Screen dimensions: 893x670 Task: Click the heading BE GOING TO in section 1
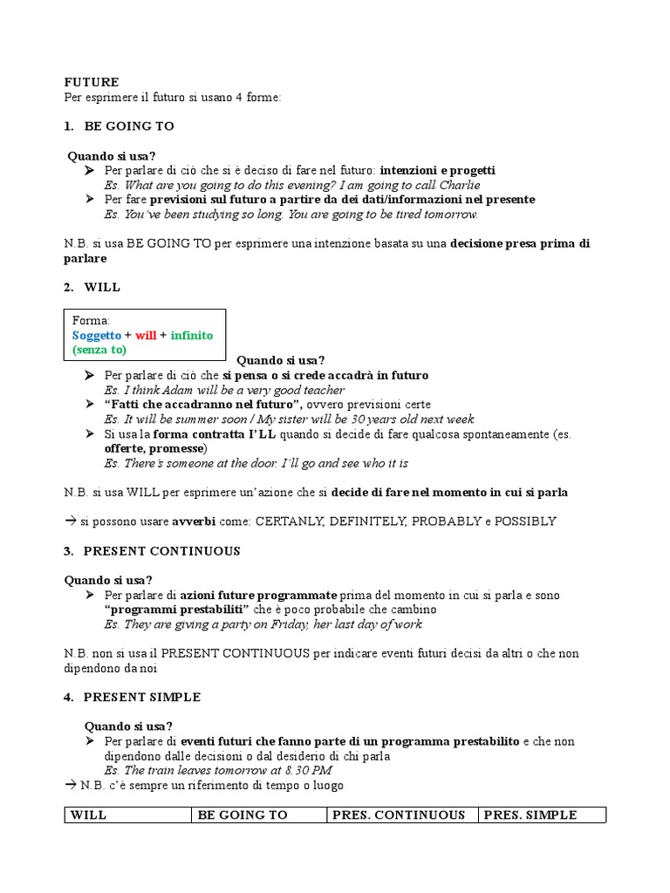coord(129,126)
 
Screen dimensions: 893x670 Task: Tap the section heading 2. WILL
coord(102,287)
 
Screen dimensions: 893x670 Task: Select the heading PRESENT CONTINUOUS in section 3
coord(161,551)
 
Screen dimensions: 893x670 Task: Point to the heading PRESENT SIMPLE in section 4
coord(142,697)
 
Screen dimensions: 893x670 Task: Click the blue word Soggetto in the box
coord(97,335)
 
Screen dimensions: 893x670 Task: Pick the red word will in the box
coord(146,335)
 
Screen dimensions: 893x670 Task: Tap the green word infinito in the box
coord(191,335)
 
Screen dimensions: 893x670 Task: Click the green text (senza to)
coord(99,350)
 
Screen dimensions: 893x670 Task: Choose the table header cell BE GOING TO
coord(243,815)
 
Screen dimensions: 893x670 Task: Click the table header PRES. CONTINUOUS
coord(398,815)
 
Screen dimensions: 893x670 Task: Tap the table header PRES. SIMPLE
coord(530,815)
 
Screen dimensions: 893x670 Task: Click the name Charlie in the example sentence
coord(459,185)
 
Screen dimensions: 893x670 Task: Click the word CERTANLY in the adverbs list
coord(284,521)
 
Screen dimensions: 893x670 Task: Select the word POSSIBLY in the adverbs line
coord(525,521)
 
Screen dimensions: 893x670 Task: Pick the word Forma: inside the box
coord(92,320)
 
